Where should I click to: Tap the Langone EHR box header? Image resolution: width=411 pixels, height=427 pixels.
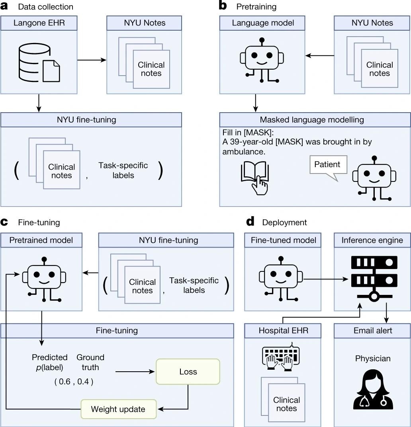coord(39,23)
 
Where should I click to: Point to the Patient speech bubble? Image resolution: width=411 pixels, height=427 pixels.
coord(327,165)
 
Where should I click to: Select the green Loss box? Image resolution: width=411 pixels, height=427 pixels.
coord(188,372)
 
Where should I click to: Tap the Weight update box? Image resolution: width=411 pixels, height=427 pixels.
coord(118,409)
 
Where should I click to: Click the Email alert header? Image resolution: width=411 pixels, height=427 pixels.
coord(373,331)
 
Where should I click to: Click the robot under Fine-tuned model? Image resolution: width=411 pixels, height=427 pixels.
coord(281,276)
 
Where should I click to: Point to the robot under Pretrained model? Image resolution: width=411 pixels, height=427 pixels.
coord(44,277)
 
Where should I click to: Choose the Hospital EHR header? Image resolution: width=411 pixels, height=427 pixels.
coord(284,331)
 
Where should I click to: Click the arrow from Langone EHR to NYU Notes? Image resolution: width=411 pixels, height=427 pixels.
coord(91,60)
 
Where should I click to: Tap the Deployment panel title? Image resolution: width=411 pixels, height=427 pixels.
coord(284,222)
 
